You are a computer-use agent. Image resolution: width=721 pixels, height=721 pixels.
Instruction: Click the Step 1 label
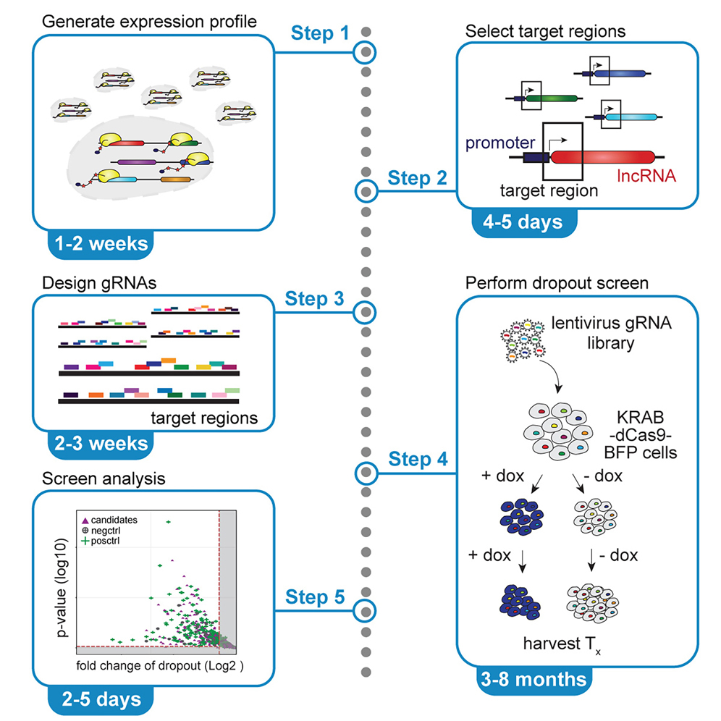(x=319, y=33)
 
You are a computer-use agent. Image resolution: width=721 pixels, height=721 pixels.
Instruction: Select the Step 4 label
(x=418, y=459)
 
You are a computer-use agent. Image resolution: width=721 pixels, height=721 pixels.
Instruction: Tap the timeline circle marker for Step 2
(x=367, y=192)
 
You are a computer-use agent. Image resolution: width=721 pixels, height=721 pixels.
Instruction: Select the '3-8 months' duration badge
(x=533, y=679)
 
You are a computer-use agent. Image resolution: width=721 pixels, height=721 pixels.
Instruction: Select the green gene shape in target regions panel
(x=552, y=97)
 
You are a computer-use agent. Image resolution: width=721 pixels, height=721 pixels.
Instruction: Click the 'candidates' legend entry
(x=116, y=520)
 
